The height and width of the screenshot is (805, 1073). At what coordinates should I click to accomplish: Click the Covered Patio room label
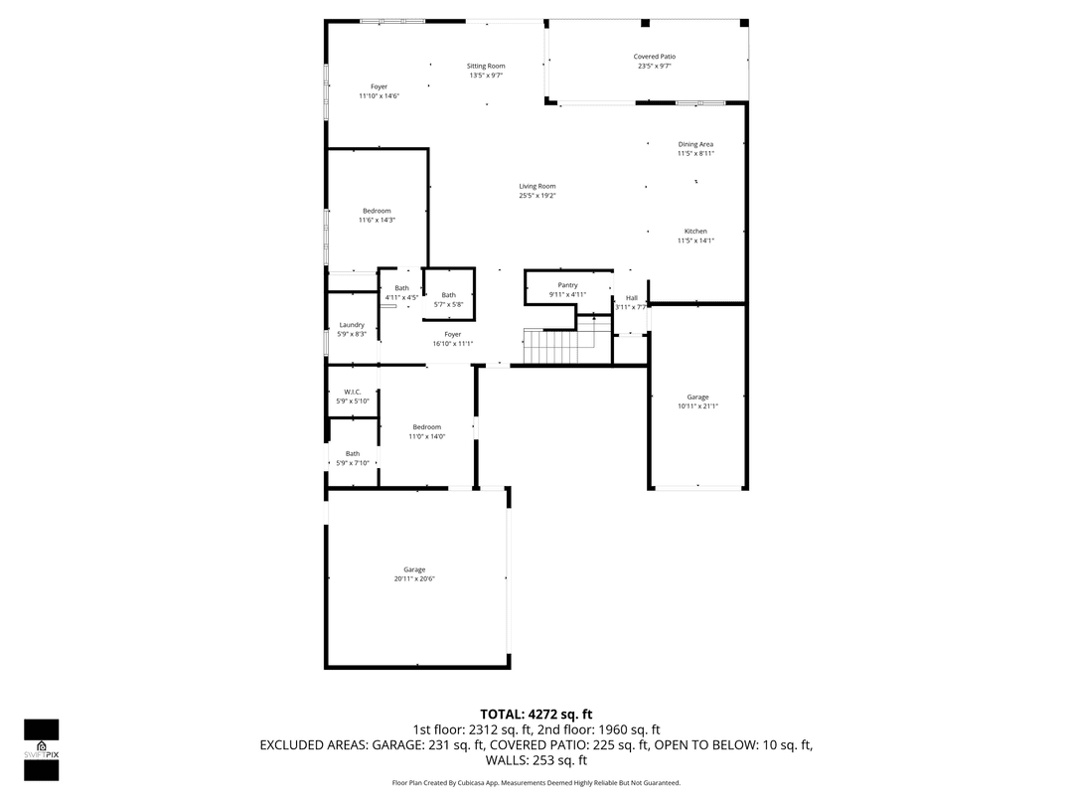pyautogui.click(x=654, y=62)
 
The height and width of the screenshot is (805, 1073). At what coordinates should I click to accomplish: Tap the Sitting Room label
pyautogui.click(x=486, y=71)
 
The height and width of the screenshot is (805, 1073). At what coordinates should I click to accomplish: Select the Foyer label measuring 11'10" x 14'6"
pyautogui.click(x=379, y=91)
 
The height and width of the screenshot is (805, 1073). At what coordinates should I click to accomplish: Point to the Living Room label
pyautogui.click(x=536, y=191)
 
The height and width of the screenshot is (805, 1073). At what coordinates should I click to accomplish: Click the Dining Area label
pyautogui.click(x=695, y=149)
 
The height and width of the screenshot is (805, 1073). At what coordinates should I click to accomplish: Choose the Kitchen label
pyautogui.click(x=695, y=236)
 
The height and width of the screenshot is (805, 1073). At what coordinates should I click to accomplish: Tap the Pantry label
pyautogui.click(x=567, y=289)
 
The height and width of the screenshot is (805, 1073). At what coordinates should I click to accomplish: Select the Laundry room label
pyautogui.click(x=352, y=329)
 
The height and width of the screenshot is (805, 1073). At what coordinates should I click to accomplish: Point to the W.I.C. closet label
pyautogui.click(x=352, y=396)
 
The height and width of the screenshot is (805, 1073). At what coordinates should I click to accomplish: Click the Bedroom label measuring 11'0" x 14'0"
pyautogui.click(x=427, y=431)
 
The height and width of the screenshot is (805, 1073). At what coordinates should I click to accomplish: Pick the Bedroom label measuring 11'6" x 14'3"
pyautogui.click(x=377, y=215)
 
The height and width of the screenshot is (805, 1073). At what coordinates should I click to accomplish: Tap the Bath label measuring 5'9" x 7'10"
pyautogui.click(x=352, y=458)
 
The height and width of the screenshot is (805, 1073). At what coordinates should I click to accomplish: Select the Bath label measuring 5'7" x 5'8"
pyautogui.click(x=449, y=299)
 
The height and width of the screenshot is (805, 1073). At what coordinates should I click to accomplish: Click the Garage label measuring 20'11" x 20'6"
pyautogui.click(x=414, y=574)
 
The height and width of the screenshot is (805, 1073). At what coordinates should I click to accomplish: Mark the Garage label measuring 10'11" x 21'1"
pyautogui.click(x=697, y=402)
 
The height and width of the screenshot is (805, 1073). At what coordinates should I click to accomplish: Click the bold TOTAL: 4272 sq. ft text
pyautogui.click(x=536, y=714)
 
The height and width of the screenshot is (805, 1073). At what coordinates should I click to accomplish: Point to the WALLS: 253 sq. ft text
pyautogui.click(x=536, y=760)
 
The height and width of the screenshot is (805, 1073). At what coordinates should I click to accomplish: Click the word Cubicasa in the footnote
pyautogui.click(x=471, y=783)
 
